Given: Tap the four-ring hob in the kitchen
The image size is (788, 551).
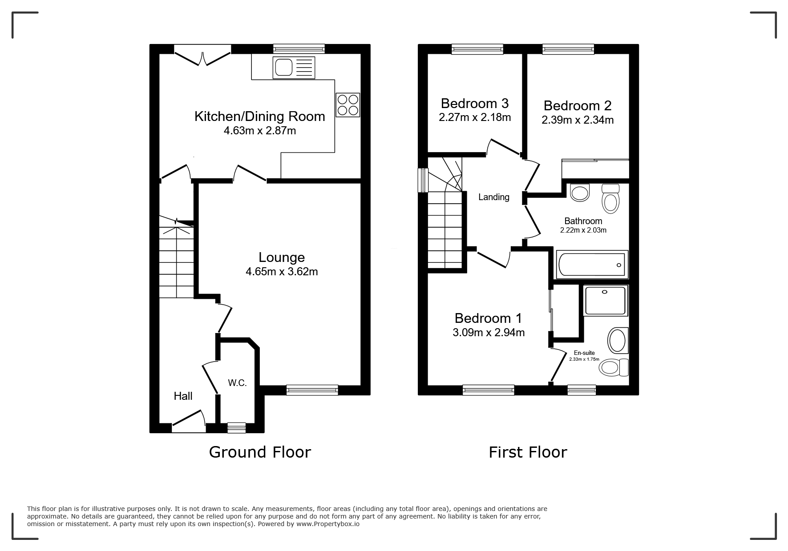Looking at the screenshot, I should tap(348, 105).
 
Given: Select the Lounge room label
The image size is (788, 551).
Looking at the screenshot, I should tap(282, 257).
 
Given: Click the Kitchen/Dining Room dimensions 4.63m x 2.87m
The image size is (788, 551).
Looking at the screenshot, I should tap(259, 131).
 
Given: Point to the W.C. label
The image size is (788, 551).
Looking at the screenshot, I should tap(237, 383).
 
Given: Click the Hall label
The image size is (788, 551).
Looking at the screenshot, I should tap(183, 396).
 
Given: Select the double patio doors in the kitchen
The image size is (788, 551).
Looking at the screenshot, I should tap(202, 56).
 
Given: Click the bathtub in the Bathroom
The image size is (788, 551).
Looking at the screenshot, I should tap(591, 265).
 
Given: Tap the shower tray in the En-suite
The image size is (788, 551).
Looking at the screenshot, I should tap(605, 300).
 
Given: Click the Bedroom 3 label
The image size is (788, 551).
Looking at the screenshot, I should tap(474, 104).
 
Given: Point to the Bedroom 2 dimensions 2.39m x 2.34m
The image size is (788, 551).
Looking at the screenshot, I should tap(577, 120).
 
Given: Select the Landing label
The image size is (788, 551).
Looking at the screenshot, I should tap(493, 197).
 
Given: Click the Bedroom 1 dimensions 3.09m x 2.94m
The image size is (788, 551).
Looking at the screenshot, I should tap(488, 332).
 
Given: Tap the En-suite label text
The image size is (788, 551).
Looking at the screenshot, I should tap(584, 353).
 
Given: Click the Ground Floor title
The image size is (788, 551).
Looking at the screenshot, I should tap(260, 452).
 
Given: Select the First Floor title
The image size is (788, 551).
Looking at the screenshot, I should tap(528, 452).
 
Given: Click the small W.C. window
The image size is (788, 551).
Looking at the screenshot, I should tap(236, 427).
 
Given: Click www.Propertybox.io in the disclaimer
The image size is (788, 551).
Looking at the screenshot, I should tap(328, 524).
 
